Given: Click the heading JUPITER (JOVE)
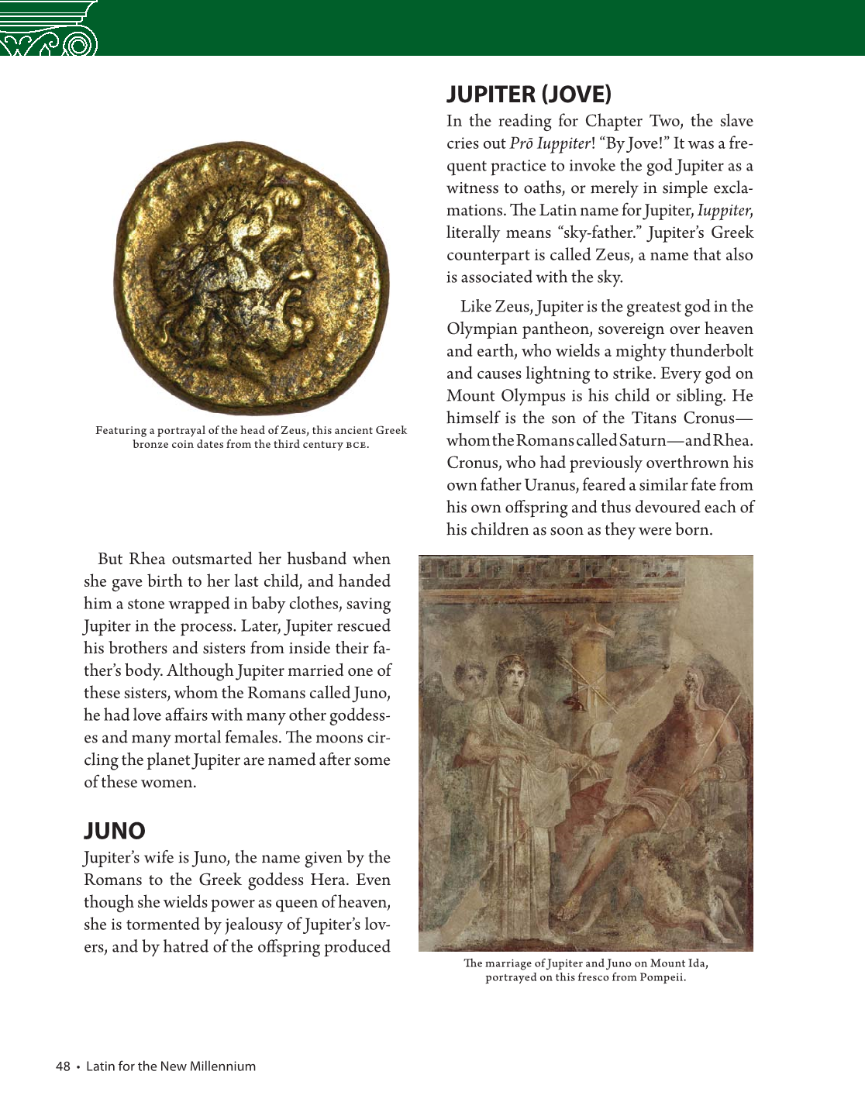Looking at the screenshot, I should [529, 95].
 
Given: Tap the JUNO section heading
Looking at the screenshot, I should [115, 830].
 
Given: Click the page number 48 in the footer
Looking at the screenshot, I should [63, 1066].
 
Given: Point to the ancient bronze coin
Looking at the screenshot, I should [253, 279].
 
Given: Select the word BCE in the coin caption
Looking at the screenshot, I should [356, 445].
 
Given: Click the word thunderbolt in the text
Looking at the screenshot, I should [712, 351].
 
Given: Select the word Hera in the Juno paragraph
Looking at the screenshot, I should [329, 880].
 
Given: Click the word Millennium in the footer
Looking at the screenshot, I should [222, 1066].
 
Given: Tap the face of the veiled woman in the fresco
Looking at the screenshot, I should [511, 676].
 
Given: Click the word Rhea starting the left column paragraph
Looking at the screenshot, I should [147, 559].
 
